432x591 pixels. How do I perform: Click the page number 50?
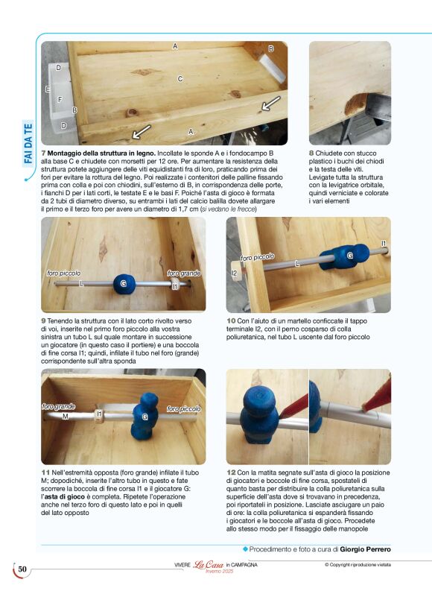pyautogui.click(x=22, y=570)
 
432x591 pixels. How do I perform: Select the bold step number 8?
pyautogui.click(x=311, y=153)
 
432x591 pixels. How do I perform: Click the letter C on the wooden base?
pyautogui.click(x=180, y=78)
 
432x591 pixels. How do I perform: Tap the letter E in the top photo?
pyautogui.click(x=48, y=89)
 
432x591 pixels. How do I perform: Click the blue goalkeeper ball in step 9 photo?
pyautogui.click(x=123, y=284)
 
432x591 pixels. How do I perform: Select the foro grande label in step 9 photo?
pyautogui.click(x=183, y=274)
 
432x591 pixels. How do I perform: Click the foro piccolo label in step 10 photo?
pyautogui.click(x=258, y=256)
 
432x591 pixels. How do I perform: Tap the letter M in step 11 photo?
pyautogui.click(x=65, y=416)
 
